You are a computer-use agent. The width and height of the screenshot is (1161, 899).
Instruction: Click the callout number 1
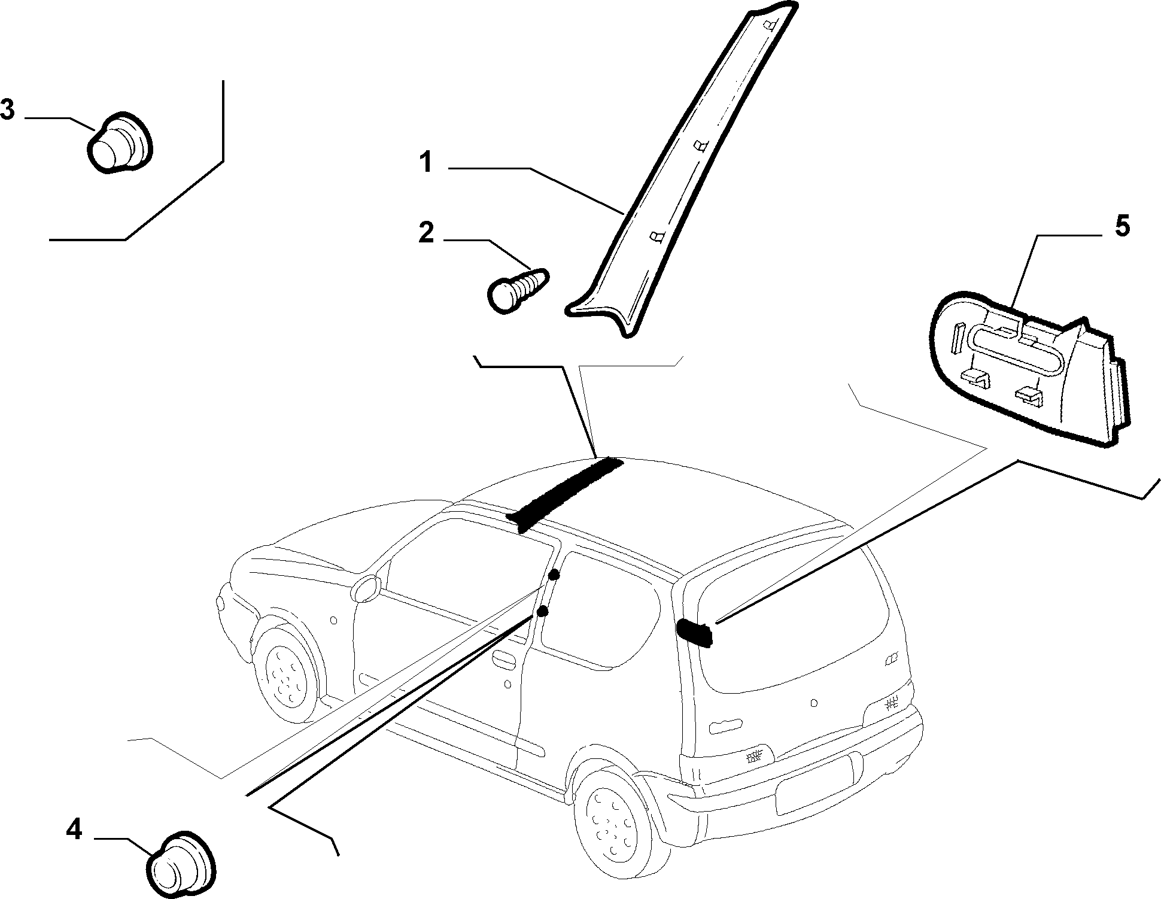click(x=426, y=162)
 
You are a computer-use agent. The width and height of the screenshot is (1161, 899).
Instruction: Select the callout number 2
click(x=426, y=233)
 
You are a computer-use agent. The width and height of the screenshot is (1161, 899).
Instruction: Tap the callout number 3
click(x=8, y=111)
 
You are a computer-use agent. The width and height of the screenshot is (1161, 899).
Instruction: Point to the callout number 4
click(x=74, y=830)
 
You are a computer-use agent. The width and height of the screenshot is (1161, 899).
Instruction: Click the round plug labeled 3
click(x=120, y=143)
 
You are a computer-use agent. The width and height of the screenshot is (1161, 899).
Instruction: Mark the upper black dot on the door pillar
click(x=554, y=575)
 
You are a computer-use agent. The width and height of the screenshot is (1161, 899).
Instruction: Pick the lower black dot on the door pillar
click(x=542, y=611)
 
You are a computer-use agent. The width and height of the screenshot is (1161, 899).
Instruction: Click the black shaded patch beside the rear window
click(x=695, y=633)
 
